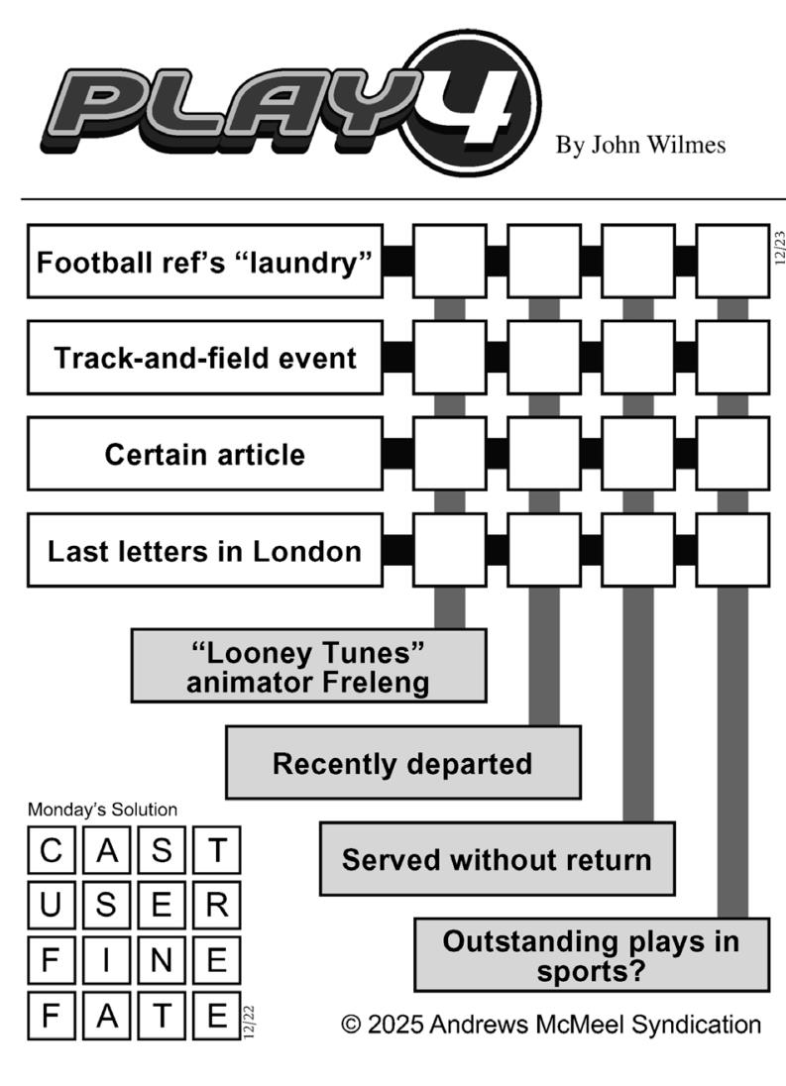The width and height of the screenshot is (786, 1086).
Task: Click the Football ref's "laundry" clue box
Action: (x=204, y=262)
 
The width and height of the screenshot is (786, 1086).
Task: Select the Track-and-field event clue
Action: (x=204, y=357)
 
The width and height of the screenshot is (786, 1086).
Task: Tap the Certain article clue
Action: (x=204, y=454)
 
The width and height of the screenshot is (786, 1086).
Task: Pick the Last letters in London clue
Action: (x=204, y=550)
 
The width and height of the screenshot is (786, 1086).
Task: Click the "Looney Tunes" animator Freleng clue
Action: (x=308, y=666)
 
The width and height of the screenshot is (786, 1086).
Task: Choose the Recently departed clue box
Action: (x=402, y=763)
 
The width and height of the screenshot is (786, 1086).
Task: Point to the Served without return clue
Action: (x=497, y=858)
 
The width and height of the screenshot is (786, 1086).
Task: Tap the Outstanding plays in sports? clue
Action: (x=591, y=954)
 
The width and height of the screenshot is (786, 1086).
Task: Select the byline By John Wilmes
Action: (x=640, y=146)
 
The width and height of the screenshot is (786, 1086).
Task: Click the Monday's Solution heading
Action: (x=102, y=810)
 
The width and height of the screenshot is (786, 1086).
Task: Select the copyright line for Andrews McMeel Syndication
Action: (x=551, y=1024)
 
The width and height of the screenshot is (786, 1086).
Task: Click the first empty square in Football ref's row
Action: (x=449, y=262)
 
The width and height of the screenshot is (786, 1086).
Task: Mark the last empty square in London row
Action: (x=732, y=550)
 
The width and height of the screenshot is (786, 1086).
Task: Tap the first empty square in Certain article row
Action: (x=449, y=454)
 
